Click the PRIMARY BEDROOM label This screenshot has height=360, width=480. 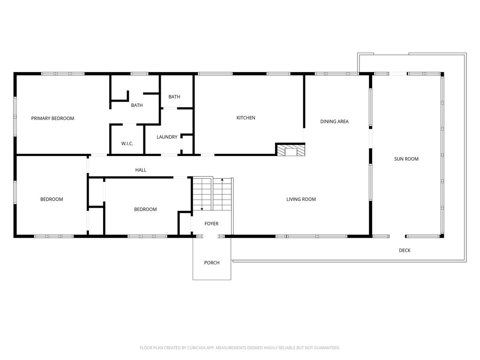coord(52,119)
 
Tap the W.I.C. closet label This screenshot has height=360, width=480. coord(127,143)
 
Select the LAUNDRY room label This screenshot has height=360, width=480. coord(167,137)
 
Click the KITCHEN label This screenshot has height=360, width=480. coord(246,118)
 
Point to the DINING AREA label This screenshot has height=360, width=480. coord(334,122)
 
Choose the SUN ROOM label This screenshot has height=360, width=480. coord(406,159)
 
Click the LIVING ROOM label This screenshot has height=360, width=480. coord(301,200)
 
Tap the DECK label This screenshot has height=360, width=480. coord(405,251)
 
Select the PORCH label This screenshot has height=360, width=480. coord(211,263)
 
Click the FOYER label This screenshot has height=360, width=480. coord(211,224)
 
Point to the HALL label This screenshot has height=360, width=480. coord(141,170)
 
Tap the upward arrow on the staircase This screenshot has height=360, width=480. coord(222,180)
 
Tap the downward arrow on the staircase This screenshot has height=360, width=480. coord(202,208)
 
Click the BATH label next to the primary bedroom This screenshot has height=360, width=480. coord(137,105)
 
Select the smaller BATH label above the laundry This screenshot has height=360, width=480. coord(174,97)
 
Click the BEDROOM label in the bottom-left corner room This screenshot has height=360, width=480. coord(52,200)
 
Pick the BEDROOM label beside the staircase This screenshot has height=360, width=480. coord(145,210)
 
